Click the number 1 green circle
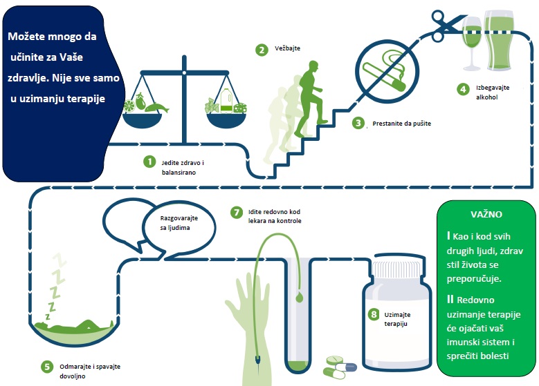[148, 162]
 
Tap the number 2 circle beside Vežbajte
[261, 50]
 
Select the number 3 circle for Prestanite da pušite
[358, 124]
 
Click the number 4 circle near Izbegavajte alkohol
[463, 89]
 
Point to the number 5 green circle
[47, 366]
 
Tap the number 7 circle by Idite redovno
[236, 211]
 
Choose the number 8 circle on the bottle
[374, 314]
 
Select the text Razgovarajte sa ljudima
[170, 223]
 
